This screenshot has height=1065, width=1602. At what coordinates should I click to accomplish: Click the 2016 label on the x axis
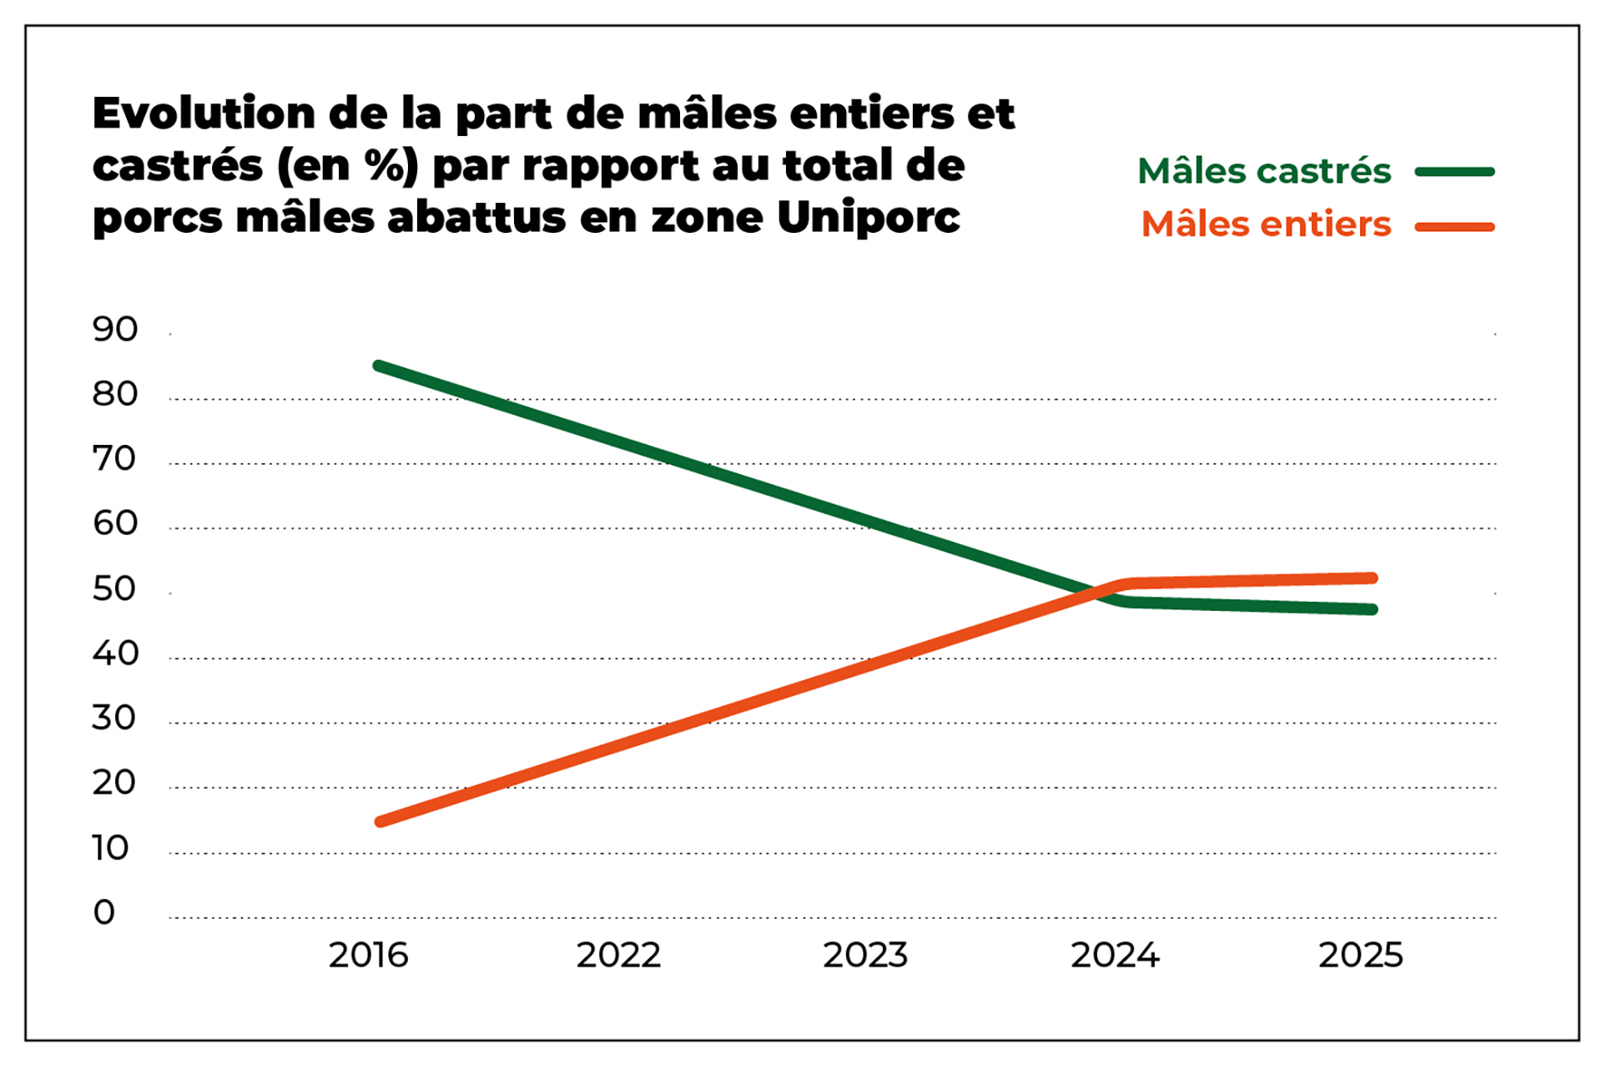click(x=368, y=955)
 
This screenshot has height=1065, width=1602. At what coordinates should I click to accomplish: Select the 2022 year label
click(x=618, y=955)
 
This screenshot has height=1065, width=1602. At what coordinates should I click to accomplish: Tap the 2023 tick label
click(x=865, y=955)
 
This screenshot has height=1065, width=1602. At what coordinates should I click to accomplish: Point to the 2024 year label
click(x=1115, y=955)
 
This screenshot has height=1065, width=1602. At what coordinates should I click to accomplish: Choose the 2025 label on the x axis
click(x=1361, y=955)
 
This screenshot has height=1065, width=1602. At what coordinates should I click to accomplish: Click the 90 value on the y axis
click(x=115, y=330)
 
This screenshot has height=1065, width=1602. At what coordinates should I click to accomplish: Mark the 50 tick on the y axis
click(x=115, y=589)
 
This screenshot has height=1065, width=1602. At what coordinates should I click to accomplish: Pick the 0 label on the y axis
click(x=104, y=912)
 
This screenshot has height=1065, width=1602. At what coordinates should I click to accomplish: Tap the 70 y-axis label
click(x=114, y=459)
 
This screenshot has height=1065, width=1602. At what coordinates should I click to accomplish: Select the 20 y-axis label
click(x=114, y=783)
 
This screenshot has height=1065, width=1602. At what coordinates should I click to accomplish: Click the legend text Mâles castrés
click(x=1264, y=171)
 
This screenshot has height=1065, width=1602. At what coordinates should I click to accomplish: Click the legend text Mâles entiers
click(x=1266, y=225)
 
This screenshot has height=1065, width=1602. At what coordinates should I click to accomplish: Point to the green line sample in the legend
click(x=1454, y=172)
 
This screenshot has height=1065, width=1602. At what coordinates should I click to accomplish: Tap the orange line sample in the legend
click(x=1454, y=226)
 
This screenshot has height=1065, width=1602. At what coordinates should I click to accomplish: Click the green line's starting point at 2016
click(x=378, y=366)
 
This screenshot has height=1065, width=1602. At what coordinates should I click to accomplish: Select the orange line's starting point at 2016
click(x=380, y=821)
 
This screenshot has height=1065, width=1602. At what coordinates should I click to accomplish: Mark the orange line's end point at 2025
click(x=1373, y=578)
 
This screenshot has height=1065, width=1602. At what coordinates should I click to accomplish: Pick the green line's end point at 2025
click(x=1373, y=609)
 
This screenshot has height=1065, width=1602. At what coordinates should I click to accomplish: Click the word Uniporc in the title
click(x=868, y=218)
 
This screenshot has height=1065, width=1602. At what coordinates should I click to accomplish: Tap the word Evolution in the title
click(x=204, y=114)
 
